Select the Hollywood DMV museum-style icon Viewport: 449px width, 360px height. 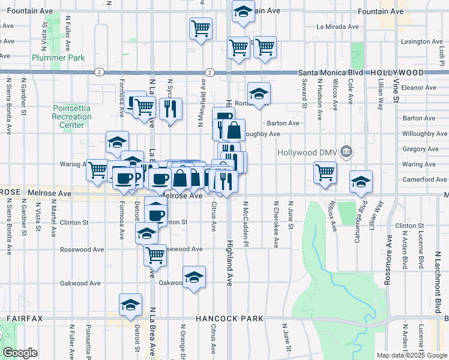pyautogui.click(x=346, y=152)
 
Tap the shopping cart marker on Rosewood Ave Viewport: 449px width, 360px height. pyautogui.click(x=155, y=255)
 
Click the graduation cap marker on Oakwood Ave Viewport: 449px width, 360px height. pyautogui.click(x=193, y=277)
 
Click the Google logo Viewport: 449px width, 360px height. pyautogui.click(x=20, y=353)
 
